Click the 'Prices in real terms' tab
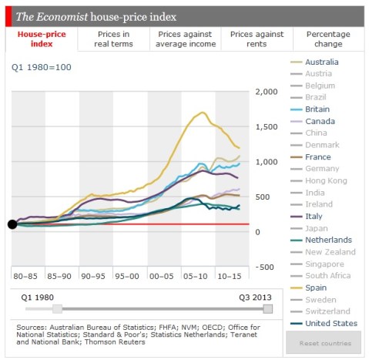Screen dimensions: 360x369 point(114,39)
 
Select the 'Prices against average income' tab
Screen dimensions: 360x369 point(186,39)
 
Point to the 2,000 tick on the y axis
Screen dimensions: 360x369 point(266,92)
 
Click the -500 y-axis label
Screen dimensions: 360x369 point(266,267)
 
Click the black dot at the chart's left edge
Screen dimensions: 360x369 point(12,224)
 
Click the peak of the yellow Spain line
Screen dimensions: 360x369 point(203,113)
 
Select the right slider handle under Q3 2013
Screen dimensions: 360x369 point(267,308)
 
